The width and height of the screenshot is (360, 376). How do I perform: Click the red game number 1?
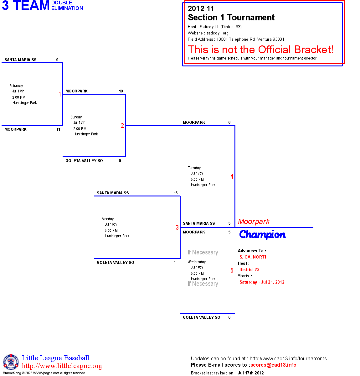[60, 94]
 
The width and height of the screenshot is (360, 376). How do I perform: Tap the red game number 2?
[122, 126]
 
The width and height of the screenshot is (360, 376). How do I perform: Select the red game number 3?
[177, 227]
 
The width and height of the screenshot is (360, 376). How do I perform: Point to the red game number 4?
[232, 176]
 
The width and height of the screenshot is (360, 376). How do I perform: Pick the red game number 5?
[232, 270]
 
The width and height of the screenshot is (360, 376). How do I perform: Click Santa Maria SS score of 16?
[176, 193]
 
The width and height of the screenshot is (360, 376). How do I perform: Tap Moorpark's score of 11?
[58, 129]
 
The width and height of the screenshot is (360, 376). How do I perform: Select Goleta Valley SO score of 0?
[120, 161]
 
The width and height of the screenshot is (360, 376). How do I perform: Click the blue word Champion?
[262, 234]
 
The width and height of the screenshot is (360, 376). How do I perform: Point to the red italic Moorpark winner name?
[254, 222]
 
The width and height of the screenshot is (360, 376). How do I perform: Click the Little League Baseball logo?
[11, 362]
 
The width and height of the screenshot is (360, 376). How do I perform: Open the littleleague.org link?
[62, 366]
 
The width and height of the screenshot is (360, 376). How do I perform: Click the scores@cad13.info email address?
[273, 365]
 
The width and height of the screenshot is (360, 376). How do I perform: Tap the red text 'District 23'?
[249, 269]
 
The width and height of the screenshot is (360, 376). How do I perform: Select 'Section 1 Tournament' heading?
[231, 18]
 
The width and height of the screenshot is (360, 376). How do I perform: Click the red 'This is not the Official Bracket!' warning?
[260, 50]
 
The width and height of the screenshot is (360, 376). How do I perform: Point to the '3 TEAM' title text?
[26, 6]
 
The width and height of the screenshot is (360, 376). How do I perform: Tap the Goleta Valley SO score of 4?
[175, 263]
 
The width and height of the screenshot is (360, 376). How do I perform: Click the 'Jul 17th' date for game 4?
[197, 173]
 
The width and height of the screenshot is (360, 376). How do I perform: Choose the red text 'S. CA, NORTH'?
[254, 257]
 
